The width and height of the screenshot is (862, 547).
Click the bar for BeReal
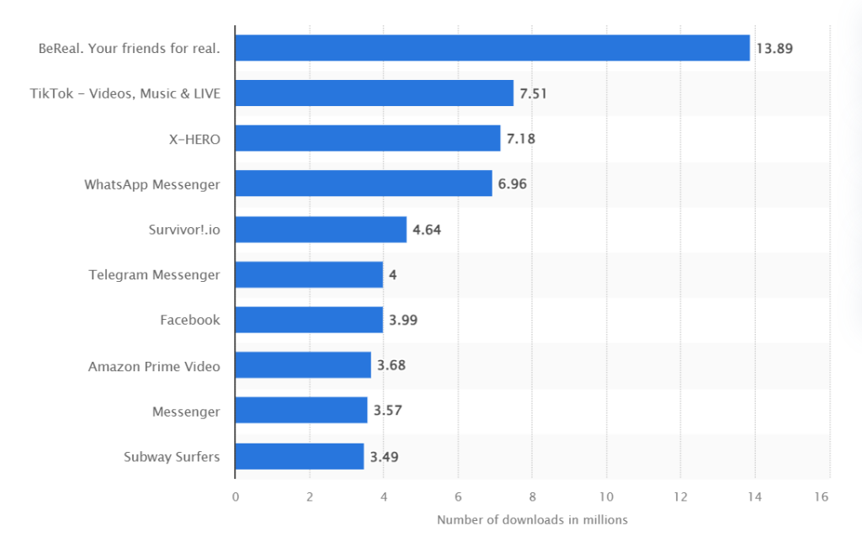(492, 48)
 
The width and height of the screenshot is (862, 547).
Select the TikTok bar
(374, 93)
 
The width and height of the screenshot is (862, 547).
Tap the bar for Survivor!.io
(321, 230)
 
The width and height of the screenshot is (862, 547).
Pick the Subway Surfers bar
(299, 457)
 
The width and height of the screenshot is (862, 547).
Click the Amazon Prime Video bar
(303, 365)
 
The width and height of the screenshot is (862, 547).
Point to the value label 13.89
(774, 49)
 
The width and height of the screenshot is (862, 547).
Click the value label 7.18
(520, 139)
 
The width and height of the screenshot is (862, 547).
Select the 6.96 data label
(512, 184)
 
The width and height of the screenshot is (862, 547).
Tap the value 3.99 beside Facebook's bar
(403, 321)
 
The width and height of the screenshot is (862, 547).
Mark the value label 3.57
(387, 412)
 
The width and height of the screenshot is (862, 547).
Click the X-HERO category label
(194, 139)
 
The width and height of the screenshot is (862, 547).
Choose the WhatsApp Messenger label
(152, 184)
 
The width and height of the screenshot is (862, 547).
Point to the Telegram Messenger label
(154, 275)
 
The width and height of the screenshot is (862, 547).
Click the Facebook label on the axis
(190, 321)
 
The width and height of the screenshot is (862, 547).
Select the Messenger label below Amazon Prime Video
(186, 412)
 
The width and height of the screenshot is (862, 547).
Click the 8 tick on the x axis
(532, 497)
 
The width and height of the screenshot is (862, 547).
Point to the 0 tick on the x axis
(235, 497)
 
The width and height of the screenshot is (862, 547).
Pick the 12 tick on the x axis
(680, 497)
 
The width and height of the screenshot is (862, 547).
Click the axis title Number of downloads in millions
(532, 520)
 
